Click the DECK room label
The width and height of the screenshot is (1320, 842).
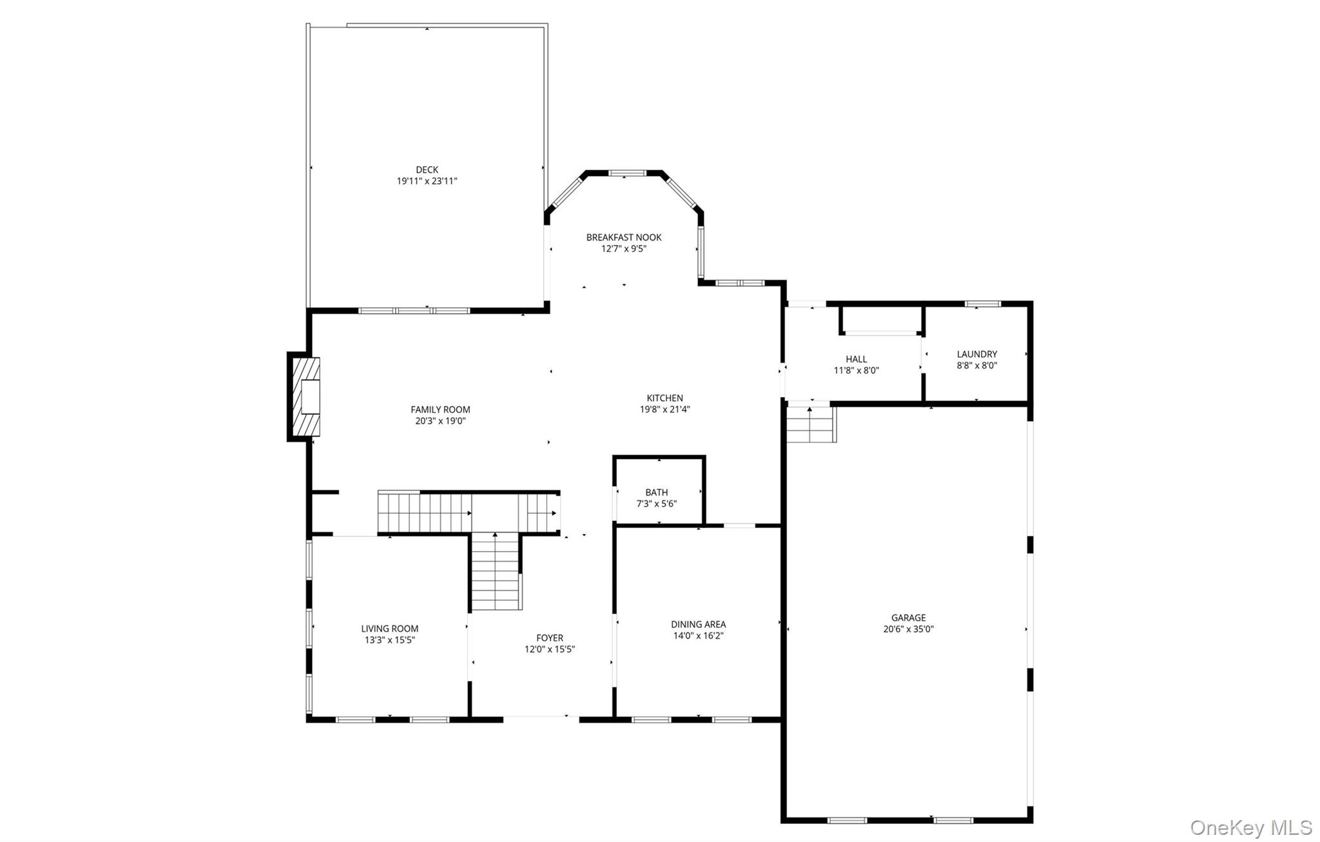click(427, 170)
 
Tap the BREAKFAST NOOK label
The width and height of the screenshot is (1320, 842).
click(623, 237)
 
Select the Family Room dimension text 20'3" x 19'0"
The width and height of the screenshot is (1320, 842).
click(440, 421)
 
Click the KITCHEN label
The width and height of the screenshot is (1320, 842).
click(665, 398)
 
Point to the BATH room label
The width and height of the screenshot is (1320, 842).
click(656, 493)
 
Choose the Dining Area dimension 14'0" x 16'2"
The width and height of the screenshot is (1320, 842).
click(698, 636)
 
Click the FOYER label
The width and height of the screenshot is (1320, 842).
click(550, 638)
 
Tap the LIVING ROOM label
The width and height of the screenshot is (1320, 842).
click(389, 629)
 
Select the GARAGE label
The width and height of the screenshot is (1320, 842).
click(908, 618)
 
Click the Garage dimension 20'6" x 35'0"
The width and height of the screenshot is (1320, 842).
click(908, 629)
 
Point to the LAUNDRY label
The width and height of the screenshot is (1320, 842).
click(976, 354)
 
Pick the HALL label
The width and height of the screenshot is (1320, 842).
click(856, 359)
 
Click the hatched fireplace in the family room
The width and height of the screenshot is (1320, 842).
click(306, 397)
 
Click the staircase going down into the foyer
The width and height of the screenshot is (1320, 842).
click(496, 572)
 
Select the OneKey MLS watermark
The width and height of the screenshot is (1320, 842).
click(1251, 827)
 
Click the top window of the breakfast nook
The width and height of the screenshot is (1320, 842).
click(627, 173)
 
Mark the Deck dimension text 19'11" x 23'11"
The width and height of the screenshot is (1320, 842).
click(427, 181)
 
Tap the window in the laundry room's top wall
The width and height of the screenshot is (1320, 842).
click(982, 304)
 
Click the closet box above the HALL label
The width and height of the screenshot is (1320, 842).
click(882, 319)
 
